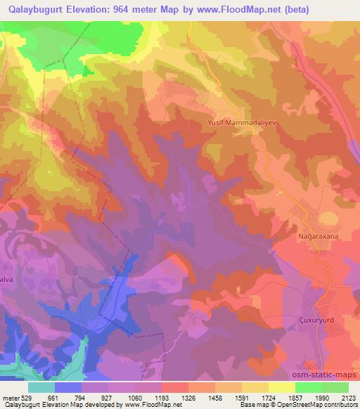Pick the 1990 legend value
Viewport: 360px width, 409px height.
(x=322, y=397)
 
